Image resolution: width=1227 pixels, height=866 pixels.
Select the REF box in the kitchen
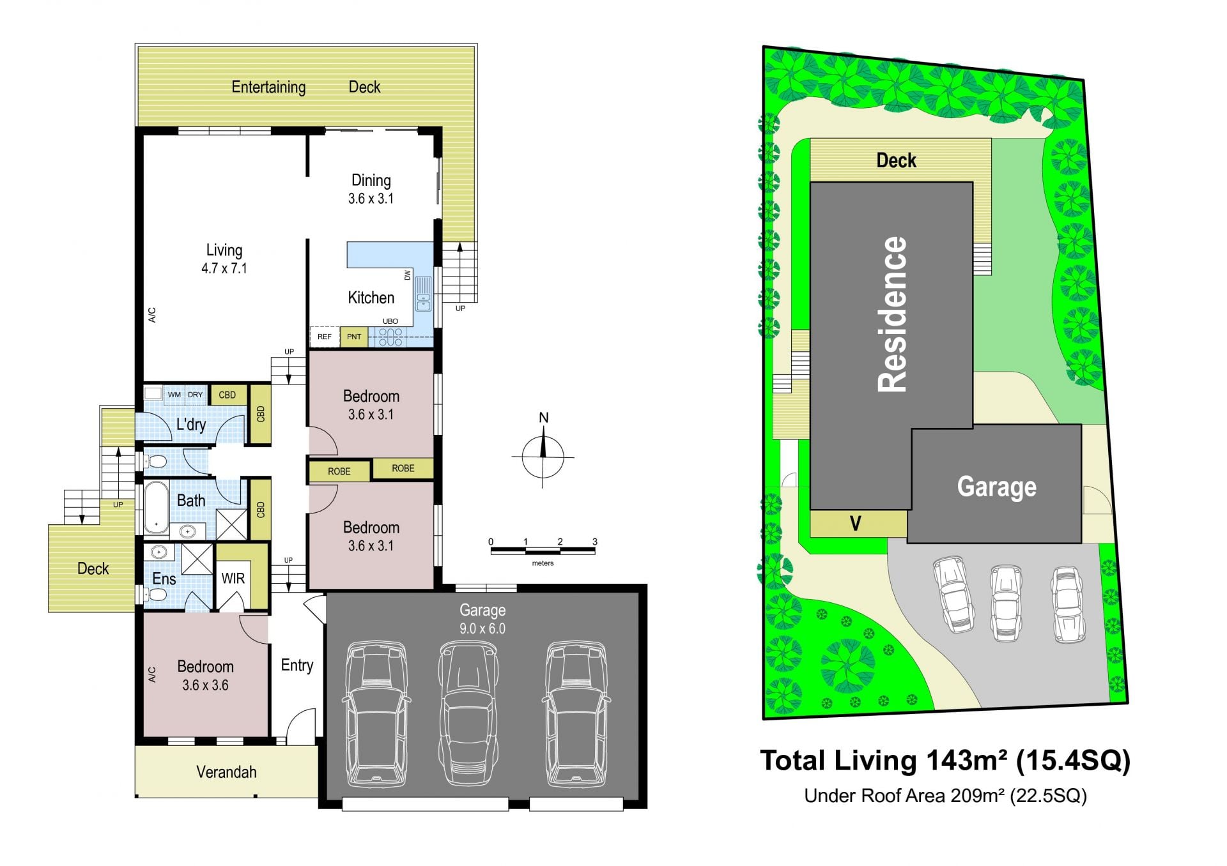click(325, 337)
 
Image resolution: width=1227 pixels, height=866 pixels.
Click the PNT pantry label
click(354, 337)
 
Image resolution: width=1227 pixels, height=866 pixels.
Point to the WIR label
click(233, 579)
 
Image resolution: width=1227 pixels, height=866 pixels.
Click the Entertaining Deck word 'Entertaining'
click(268, 87)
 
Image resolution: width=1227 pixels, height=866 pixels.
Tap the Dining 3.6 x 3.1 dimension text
click(371, 199)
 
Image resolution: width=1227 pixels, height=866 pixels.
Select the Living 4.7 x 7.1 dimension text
click(224, 269)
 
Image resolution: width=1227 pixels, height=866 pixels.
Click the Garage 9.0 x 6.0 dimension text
click(482, 629)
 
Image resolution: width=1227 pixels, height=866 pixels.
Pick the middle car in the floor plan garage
click(468, 713)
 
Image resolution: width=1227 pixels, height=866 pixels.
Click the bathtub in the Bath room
click(156, 507)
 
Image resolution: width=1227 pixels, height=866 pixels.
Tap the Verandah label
click(226, 772)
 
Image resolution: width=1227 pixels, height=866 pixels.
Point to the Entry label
click(297, 665)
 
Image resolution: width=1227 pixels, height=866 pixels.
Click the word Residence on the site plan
click(892, 314)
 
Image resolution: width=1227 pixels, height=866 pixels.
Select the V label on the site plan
click(856, 524)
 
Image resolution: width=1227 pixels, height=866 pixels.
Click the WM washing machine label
click(174, 395)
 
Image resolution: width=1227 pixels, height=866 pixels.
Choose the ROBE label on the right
click(403, 468)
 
